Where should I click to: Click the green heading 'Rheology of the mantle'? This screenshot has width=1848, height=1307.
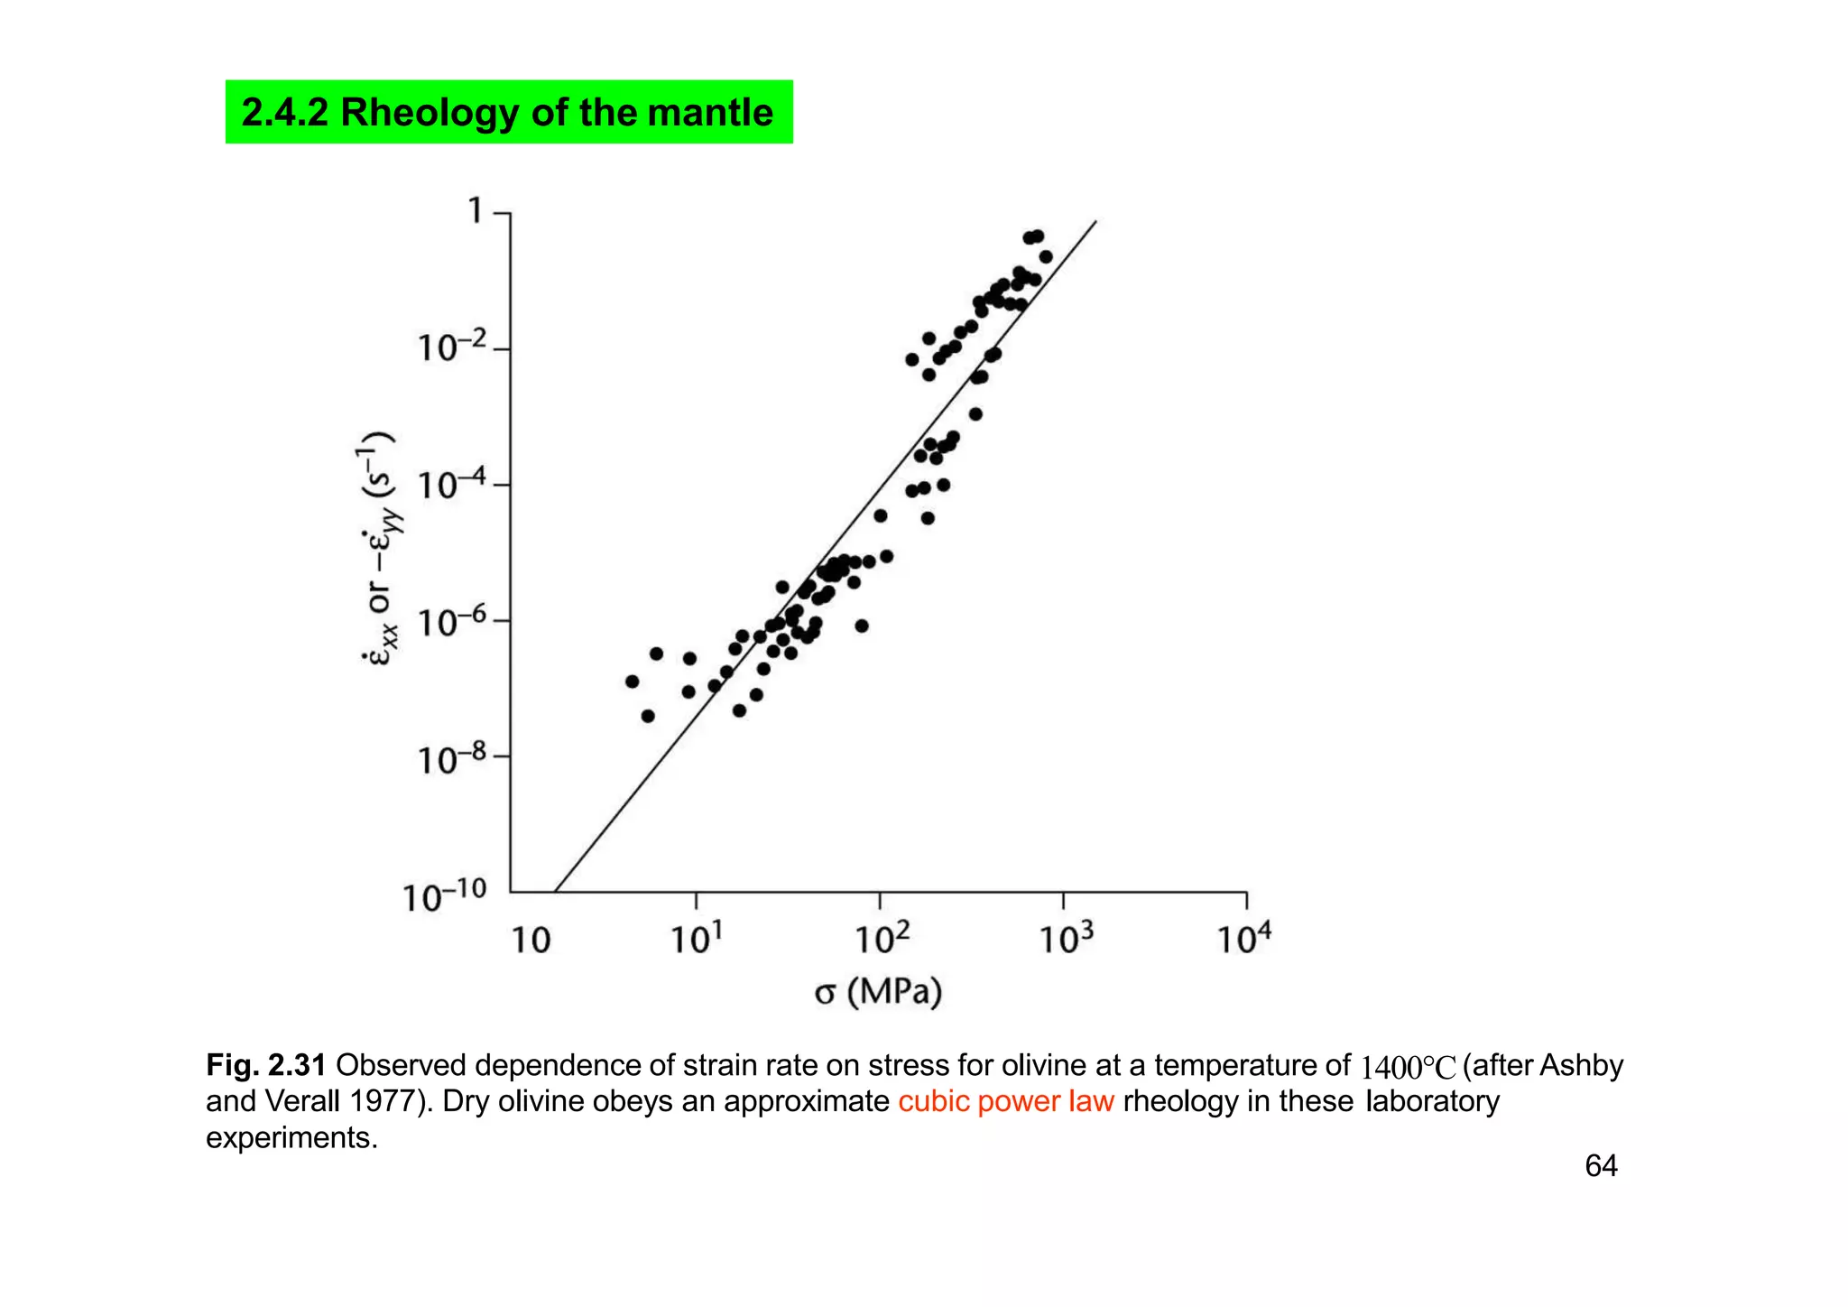[x=508, y=113]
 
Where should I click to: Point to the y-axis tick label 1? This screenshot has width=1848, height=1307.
[x=476, y=211]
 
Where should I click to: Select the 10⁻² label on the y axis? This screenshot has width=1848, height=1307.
[x=451, y=347]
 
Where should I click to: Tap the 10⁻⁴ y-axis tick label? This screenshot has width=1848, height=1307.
[x=451, y=484]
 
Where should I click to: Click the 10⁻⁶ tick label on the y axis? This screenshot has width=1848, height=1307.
[x=451, y=621]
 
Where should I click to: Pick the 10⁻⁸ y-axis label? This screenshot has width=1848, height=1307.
[x=451, y=758]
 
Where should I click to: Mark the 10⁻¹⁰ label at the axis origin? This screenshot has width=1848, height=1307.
[x=444, y=896]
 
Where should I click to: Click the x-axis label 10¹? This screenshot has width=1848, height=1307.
[x=696, y=939]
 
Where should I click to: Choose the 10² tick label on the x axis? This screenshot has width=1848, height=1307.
[x=882, y=939]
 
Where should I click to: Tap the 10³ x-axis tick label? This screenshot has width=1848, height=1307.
[x=1066, y=939]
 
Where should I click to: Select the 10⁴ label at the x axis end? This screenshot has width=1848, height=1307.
[x=1243, y=939]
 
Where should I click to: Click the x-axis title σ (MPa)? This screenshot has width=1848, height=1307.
[x=878, y=992]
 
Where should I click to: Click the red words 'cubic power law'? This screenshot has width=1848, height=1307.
[x=1005, y=1102]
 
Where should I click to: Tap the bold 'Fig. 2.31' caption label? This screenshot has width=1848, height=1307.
[x=265, y=1066]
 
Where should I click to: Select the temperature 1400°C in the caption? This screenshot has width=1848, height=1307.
[x=1408, y=1068]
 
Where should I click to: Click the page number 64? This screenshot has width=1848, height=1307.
[x=1601, y=1165]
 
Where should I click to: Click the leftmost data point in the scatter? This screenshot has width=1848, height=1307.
[x=632, y=681]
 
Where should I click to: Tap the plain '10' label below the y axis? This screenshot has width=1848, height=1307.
[x=531, y=941]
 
